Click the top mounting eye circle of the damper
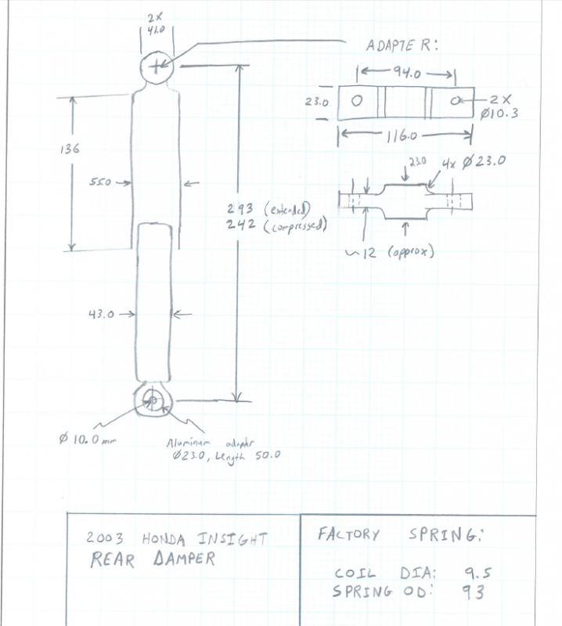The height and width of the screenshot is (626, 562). (157, 67)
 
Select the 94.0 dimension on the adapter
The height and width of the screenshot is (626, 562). (405, 74)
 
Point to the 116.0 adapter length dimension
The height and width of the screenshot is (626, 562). (403, 137)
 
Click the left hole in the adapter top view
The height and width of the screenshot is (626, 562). (358, 102)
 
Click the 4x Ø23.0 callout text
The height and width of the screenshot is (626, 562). (474, 163)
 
